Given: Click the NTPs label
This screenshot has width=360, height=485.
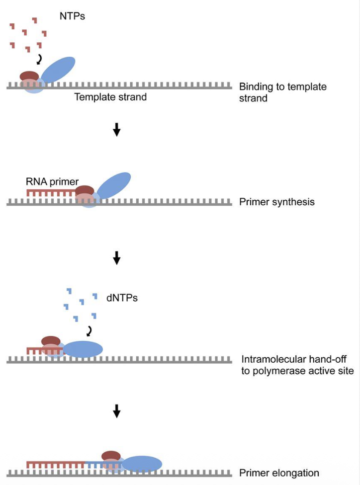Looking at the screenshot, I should pos(72,16).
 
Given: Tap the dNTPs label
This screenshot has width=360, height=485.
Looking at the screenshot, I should pos(121,299).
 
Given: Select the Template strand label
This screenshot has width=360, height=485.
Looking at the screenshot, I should pos(110,97).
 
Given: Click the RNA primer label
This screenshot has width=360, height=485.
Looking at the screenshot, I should pos(52,182).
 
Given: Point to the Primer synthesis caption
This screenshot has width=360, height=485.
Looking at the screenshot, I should pos(276,202).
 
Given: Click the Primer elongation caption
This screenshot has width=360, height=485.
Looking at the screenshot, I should pos(279,473).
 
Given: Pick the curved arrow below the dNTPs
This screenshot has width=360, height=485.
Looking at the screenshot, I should pos(90,331).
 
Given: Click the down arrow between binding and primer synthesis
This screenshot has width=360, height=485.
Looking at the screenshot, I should pos(116,130).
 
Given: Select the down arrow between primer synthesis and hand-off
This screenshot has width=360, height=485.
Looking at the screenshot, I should pos(116,257).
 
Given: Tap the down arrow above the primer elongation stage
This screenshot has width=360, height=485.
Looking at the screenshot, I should pos(116,410).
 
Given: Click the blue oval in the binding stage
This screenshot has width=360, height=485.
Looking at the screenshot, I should pos(58,70).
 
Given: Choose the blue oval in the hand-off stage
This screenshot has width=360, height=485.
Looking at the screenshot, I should pos(83,349).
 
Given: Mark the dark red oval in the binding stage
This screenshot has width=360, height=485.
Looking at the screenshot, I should pos(29,76).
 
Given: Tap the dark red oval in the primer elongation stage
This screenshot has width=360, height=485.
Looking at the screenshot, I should pos(111,456).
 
